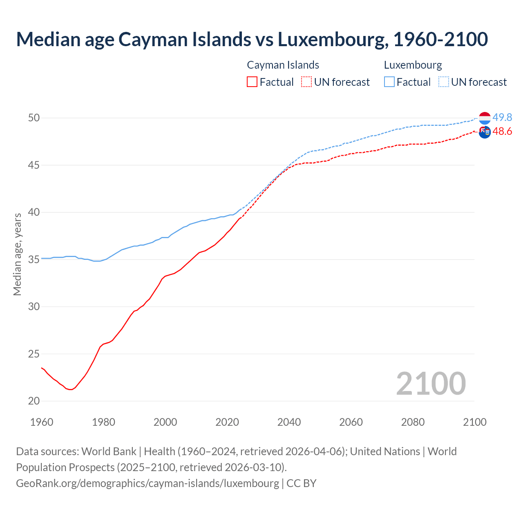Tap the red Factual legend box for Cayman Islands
click(252, 82)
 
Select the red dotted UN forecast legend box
click(306, 82)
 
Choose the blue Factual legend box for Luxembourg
click(389, 82)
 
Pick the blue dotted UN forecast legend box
click(444, 82)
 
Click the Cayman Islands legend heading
click(283, 65)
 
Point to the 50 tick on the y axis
click(34, 118)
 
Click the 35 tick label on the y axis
click(34, 259)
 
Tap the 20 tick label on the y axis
click(34, 401)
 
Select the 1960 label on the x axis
click(42, 422)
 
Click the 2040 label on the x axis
click(289, 422)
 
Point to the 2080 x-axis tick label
click(413, 422)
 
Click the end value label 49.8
click(502, 117)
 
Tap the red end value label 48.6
click(502, 131)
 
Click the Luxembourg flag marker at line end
click(485, 118)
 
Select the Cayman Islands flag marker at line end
click(485, 132)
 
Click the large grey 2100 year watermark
click(431, 383)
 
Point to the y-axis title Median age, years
click(17, 254)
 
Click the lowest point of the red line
click(70, 389)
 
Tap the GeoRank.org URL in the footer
click(148, 483)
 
